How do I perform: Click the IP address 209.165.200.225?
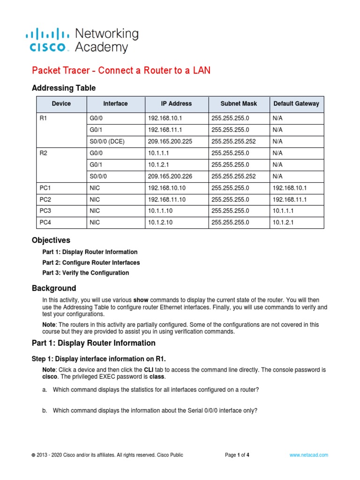[x=170, y=141]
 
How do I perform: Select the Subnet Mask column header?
[x=239, y=104]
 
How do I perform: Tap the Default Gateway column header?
[x=296, y=104]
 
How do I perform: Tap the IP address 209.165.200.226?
[x=170, y=176]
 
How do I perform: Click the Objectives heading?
[x=51, y=240]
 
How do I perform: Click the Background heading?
[x=53, y=288]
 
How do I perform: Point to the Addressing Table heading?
[x=63, y=88]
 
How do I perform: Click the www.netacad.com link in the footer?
[x=308, y=455]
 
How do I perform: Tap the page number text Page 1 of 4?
[x=237, y=455]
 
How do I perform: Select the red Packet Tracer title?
[x=121, y=70]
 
